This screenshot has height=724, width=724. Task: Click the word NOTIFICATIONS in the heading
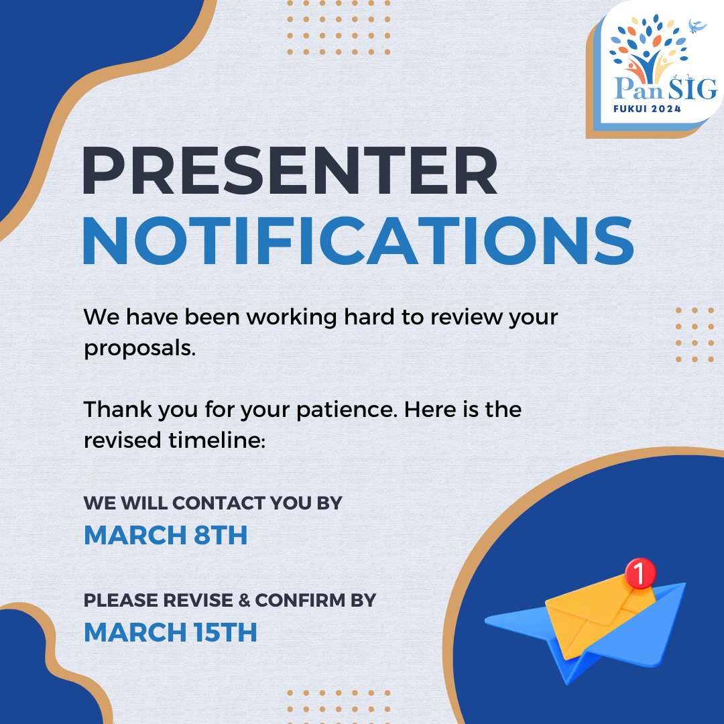click(x=358, y=241)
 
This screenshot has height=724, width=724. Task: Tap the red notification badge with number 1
click(x=638, y=573)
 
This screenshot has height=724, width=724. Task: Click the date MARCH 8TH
click(x=166, y=535)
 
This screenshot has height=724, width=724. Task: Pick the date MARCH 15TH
click(x=170, y=632)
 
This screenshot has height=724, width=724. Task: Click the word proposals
click(x=139, y=349)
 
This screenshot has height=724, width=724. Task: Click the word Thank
click(x=115, y=409)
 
